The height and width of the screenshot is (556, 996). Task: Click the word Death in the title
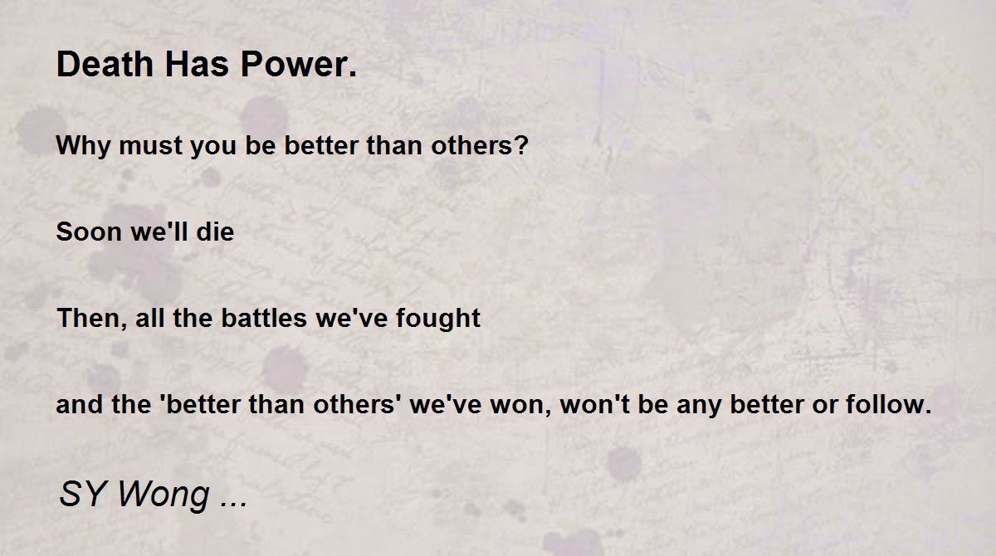click(x=105, y=64)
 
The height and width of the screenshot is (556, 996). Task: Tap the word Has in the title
click(x=197, y=64)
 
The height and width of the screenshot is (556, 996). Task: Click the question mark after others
click(x=521, y=145)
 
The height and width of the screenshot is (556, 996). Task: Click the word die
click(x=215, y=232)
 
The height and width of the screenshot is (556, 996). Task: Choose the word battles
click(x=264, y=318)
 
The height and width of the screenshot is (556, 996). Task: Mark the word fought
click(x=438, y=319)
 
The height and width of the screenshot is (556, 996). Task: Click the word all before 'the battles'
click(x=150, y=318)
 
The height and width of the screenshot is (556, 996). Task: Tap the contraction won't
click(x=594, y=404)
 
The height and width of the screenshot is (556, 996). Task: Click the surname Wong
click(x=164, y=496)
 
